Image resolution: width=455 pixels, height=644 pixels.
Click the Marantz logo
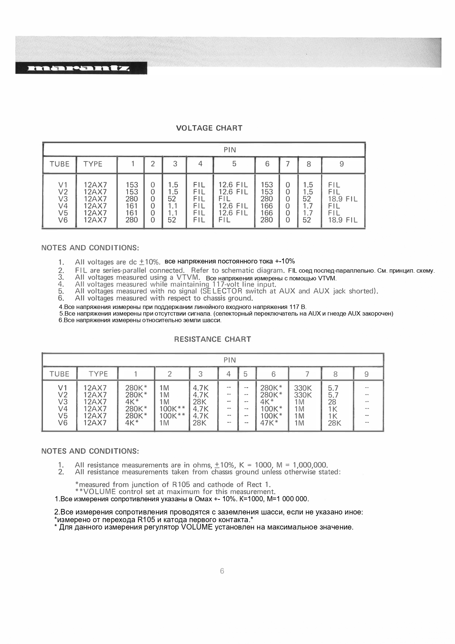(81, 68)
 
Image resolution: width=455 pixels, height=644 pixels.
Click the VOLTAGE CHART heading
(209, 128)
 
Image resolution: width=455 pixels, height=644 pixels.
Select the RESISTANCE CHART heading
(212, 339)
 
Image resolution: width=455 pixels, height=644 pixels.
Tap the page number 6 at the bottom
(222, 571)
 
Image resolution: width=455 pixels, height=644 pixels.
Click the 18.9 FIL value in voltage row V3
(342, 199)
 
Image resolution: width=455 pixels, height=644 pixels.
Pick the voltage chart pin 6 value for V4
(267, 206)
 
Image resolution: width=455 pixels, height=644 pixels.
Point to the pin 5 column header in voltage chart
(234, 164)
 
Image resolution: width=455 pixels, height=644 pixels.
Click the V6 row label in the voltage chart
(63, 220)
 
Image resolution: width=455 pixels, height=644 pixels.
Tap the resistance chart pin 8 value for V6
(334, 423)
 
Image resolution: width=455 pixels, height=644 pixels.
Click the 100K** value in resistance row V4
(172, 409)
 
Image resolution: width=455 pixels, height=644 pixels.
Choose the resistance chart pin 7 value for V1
(303, 388)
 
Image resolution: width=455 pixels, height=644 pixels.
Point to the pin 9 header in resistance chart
(366, 374)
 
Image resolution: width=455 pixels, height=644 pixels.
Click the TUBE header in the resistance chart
(59, 374)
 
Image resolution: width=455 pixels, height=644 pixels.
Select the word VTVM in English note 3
(188, 277)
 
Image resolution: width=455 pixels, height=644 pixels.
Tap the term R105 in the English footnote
(181, 484)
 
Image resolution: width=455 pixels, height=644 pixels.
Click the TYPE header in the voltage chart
(93, 164)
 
